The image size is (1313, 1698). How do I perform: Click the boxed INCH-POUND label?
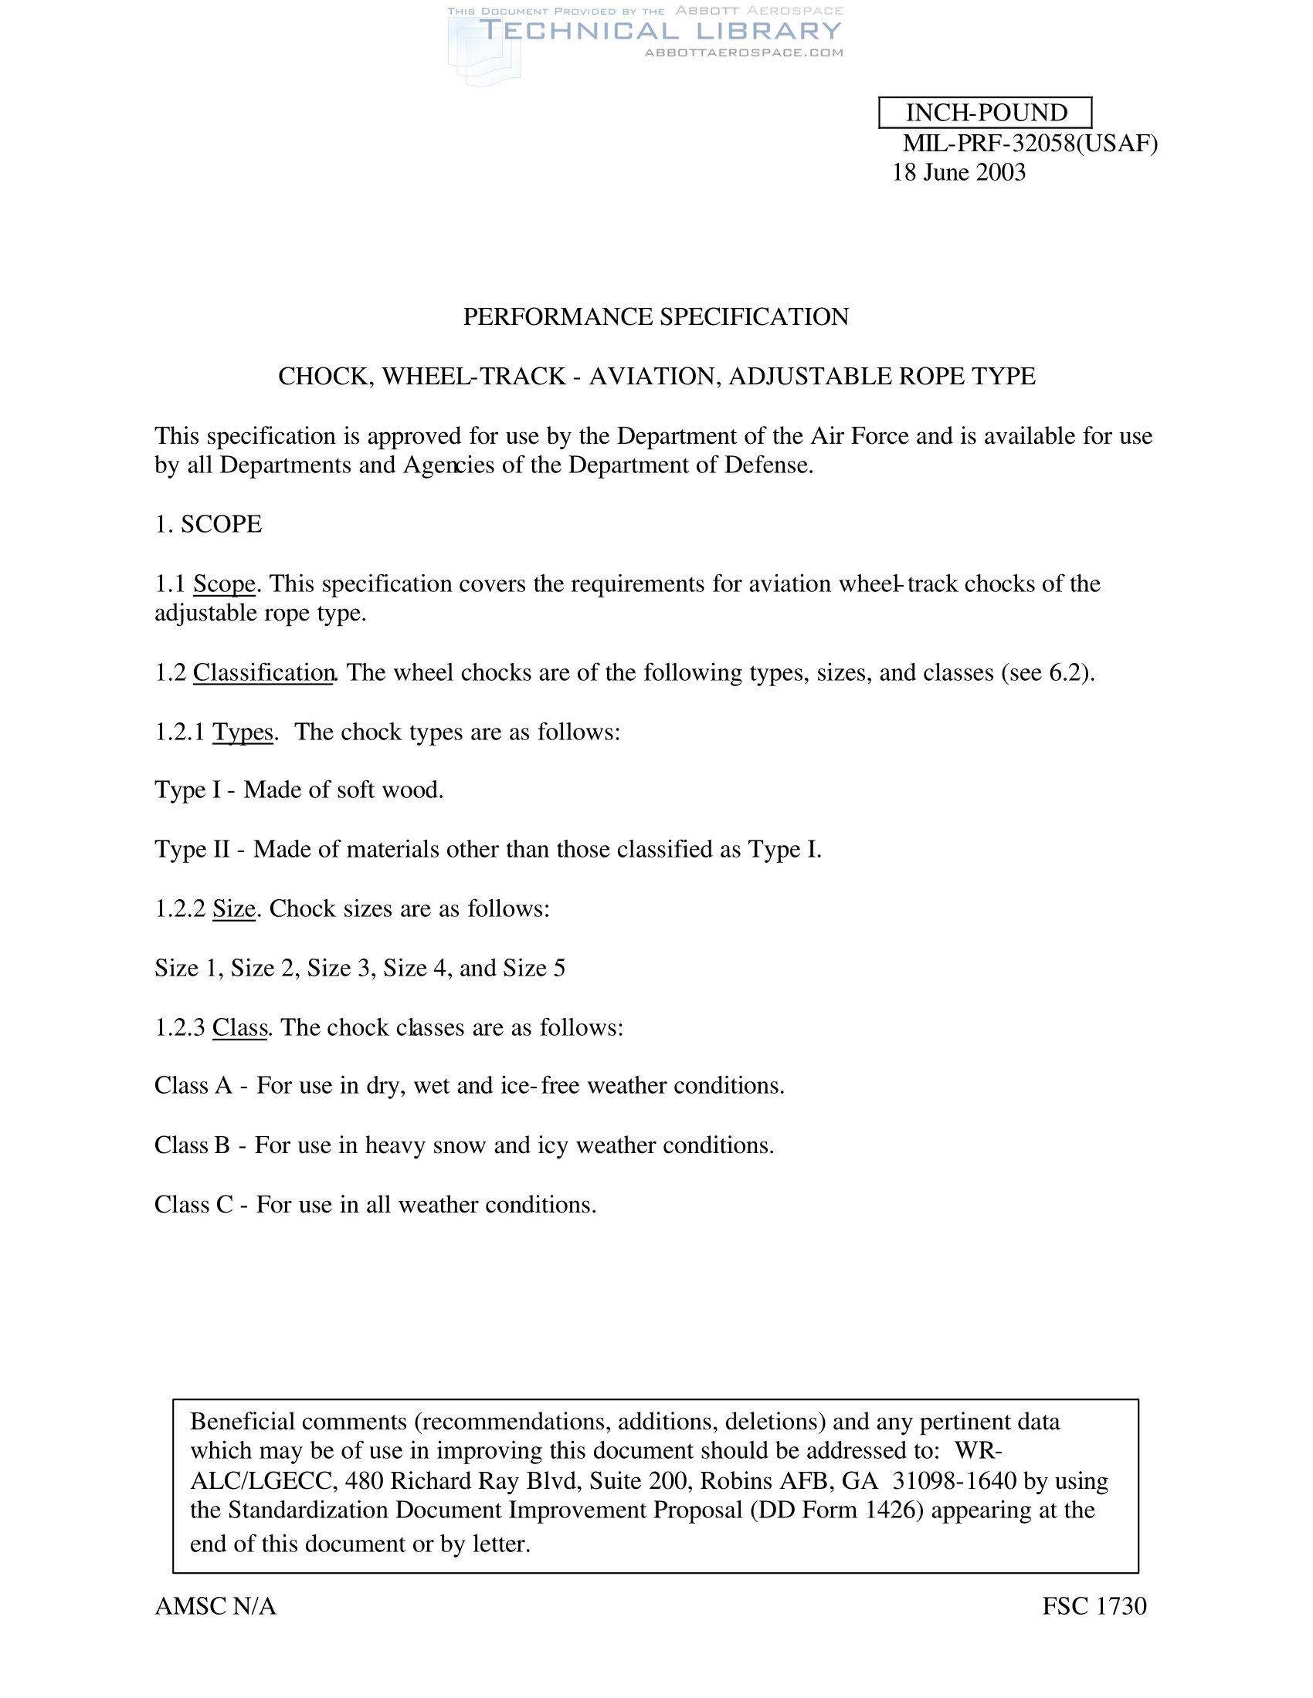pyautogui.click(x=986, y=113)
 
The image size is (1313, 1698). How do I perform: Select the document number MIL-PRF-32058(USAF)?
pyautogui.click(x=1030, y=144)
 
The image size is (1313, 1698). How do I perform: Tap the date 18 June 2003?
pyautogui.click(x=958, y=173)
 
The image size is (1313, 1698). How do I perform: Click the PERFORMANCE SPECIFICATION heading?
pyautogui.click(x=656, y=317)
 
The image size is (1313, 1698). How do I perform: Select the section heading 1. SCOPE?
pyautogui.click(x=209, y=525)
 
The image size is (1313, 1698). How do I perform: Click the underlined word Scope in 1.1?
pyautogui.click(x=224, y=584)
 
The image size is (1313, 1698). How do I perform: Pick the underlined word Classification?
pyautogui.click(x=263, y=672)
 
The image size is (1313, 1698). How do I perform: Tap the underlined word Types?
pyautogui.click(x=243, y=732)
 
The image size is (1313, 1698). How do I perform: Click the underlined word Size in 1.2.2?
pyautogui.click(x=234, y=909)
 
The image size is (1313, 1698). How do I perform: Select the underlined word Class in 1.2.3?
pyautogui.click(x=239, y=1028)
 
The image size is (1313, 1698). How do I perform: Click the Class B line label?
pyautogui.click(x=192, y=1146)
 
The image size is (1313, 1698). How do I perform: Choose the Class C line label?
pyautogui.click(x=194, y=1205)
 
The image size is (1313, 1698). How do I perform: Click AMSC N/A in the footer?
pyautogui.click(x=215, y=1606)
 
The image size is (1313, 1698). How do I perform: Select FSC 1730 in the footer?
pyautogui.click(x=1094, y=1606)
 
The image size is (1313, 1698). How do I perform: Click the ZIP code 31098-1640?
pyautogui.click(x=954, y=1481)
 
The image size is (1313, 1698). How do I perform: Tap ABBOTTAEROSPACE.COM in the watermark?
pyautogui.click(x=744, y=52)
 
